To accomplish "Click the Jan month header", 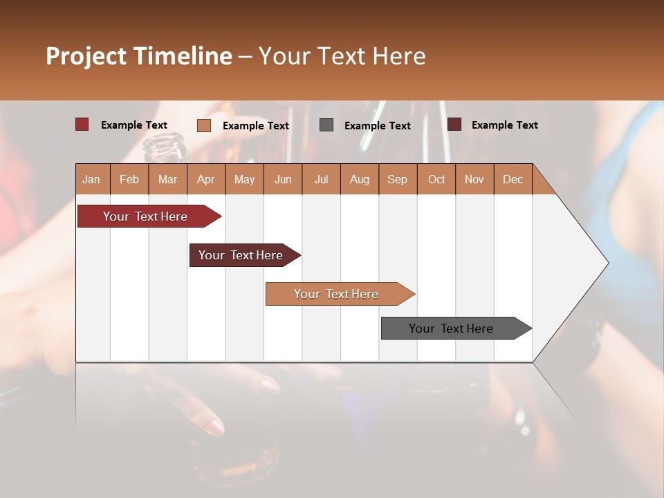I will (91, 179).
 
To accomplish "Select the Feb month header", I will (129, 179).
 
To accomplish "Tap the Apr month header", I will (205, 179).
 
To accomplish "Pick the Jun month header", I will (283, 179).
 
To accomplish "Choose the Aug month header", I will (359, 179).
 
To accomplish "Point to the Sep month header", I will (397, 179).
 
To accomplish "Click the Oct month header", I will (436, 179).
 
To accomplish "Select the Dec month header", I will (513, 179).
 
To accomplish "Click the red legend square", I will (82, 124).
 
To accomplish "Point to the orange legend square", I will (204, 125).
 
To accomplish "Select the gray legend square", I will (326, 125).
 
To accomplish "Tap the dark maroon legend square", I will (454, 124).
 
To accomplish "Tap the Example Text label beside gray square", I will (377, 126).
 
